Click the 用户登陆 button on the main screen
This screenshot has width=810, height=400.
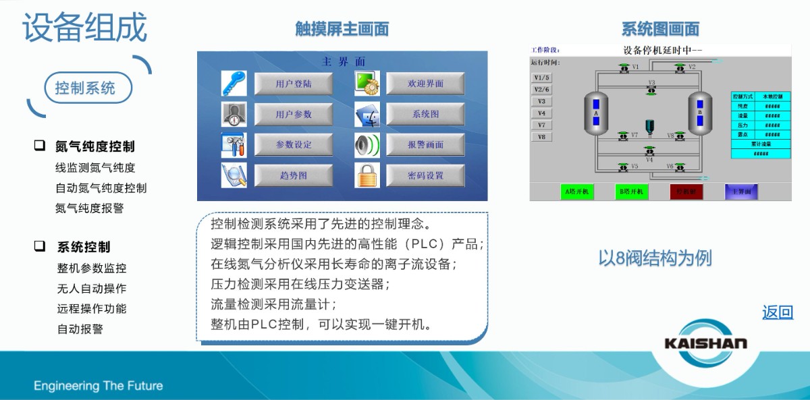coord(294,84)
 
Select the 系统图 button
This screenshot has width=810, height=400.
coord(425,115)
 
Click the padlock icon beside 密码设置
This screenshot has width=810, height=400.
coord(367,175)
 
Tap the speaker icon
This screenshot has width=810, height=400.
coord(367,145)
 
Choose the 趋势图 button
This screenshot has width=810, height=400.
coord(294,175)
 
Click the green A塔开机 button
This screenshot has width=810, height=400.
coord(576,192)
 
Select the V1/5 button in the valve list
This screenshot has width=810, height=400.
coord(542,78)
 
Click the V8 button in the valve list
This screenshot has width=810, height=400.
coord(542,137)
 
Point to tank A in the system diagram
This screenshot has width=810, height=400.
coord(596,113)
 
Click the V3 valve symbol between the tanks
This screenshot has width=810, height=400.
coord(651,90)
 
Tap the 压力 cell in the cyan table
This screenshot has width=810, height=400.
coord(742,125)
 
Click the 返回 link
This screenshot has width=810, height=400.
coord(778,312)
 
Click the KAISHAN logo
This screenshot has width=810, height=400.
coord(705,343)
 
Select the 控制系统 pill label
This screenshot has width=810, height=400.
coord(85,88)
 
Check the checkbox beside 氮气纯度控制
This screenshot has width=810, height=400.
coord(40,146)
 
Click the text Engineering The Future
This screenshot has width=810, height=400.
coord(99,386)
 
